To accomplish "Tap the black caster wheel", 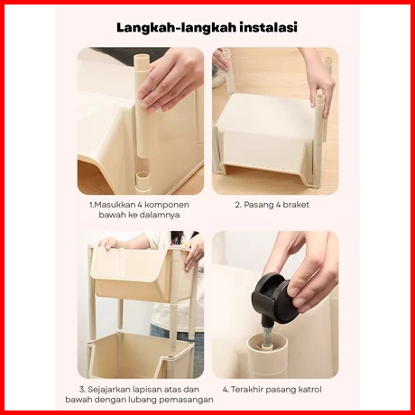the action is pos(274,298).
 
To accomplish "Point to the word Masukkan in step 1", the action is pos(115,205).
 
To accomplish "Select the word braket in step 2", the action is pos(296,205).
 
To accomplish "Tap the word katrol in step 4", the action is pos(309,390).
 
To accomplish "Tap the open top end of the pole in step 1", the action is pos(142,58).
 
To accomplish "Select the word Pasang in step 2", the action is pos(256,205).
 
